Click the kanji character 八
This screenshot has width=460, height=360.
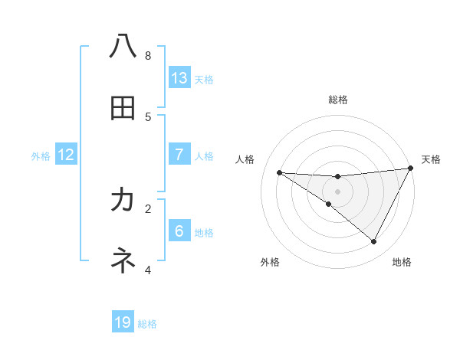pyautogui.click(x=123, y=47)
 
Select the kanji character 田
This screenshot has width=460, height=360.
pyautogui.click(x=123, y=108)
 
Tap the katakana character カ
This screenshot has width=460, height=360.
pyautogui.click(x=123, y=200)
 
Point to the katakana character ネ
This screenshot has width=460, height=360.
pyautogui.click(x=123, y=261)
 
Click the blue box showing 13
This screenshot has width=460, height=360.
pyautogui.click(x=179, y=78)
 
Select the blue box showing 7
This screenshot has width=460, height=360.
pyautogui.click(x=179, y=155)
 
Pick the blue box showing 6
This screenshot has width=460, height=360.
pyautogui.click(x=179, y=231)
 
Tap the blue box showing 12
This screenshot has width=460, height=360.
pyautogui.click(x=66, y=155)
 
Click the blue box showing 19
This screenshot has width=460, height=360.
pyautogui.click(x=123, y=322)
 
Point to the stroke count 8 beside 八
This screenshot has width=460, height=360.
pyautogui.click(x=148, y=55)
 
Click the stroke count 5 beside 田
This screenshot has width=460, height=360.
pyautogui.click(x=148, y=116)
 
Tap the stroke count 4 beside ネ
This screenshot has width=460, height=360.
pyautogui.click(x=148, y=270)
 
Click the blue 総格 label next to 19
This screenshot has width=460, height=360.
pyautogui.click(x=147, y=324)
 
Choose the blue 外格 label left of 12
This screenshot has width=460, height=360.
pyautogui.click(x=41, y=156)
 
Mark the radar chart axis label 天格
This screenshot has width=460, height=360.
pyautogui.click(x=431, y=159)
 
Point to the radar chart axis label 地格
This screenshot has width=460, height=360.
pyautogui.click(x=402, y=262)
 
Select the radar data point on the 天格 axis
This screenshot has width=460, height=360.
pyautogui.click(x=410, y=169)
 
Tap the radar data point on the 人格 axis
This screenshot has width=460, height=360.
pyautogui.click(x=280, y=172)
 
